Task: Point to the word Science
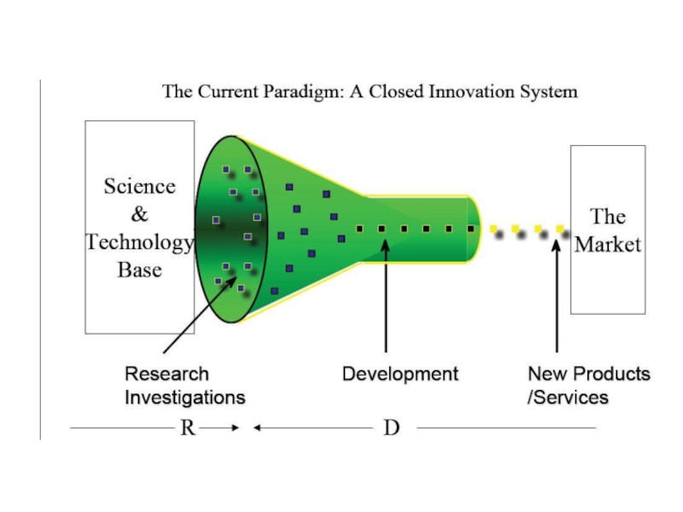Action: coord(139,187)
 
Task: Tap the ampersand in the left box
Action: coord(139,215)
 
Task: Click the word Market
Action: coord(608,244)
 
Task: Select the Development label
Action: coord(400,374)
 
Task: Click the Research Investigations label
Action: coord(184,385)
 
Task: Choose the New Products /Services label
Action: coord(588,385)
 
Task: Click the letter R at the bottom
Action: coord(187,428)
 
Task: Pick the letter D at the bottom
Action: coord(391,428)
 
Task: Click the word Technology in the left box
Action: coord(139,243)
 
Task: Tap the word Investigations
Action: coord(184,397)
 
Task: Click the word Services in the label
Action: coord(570,397)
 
